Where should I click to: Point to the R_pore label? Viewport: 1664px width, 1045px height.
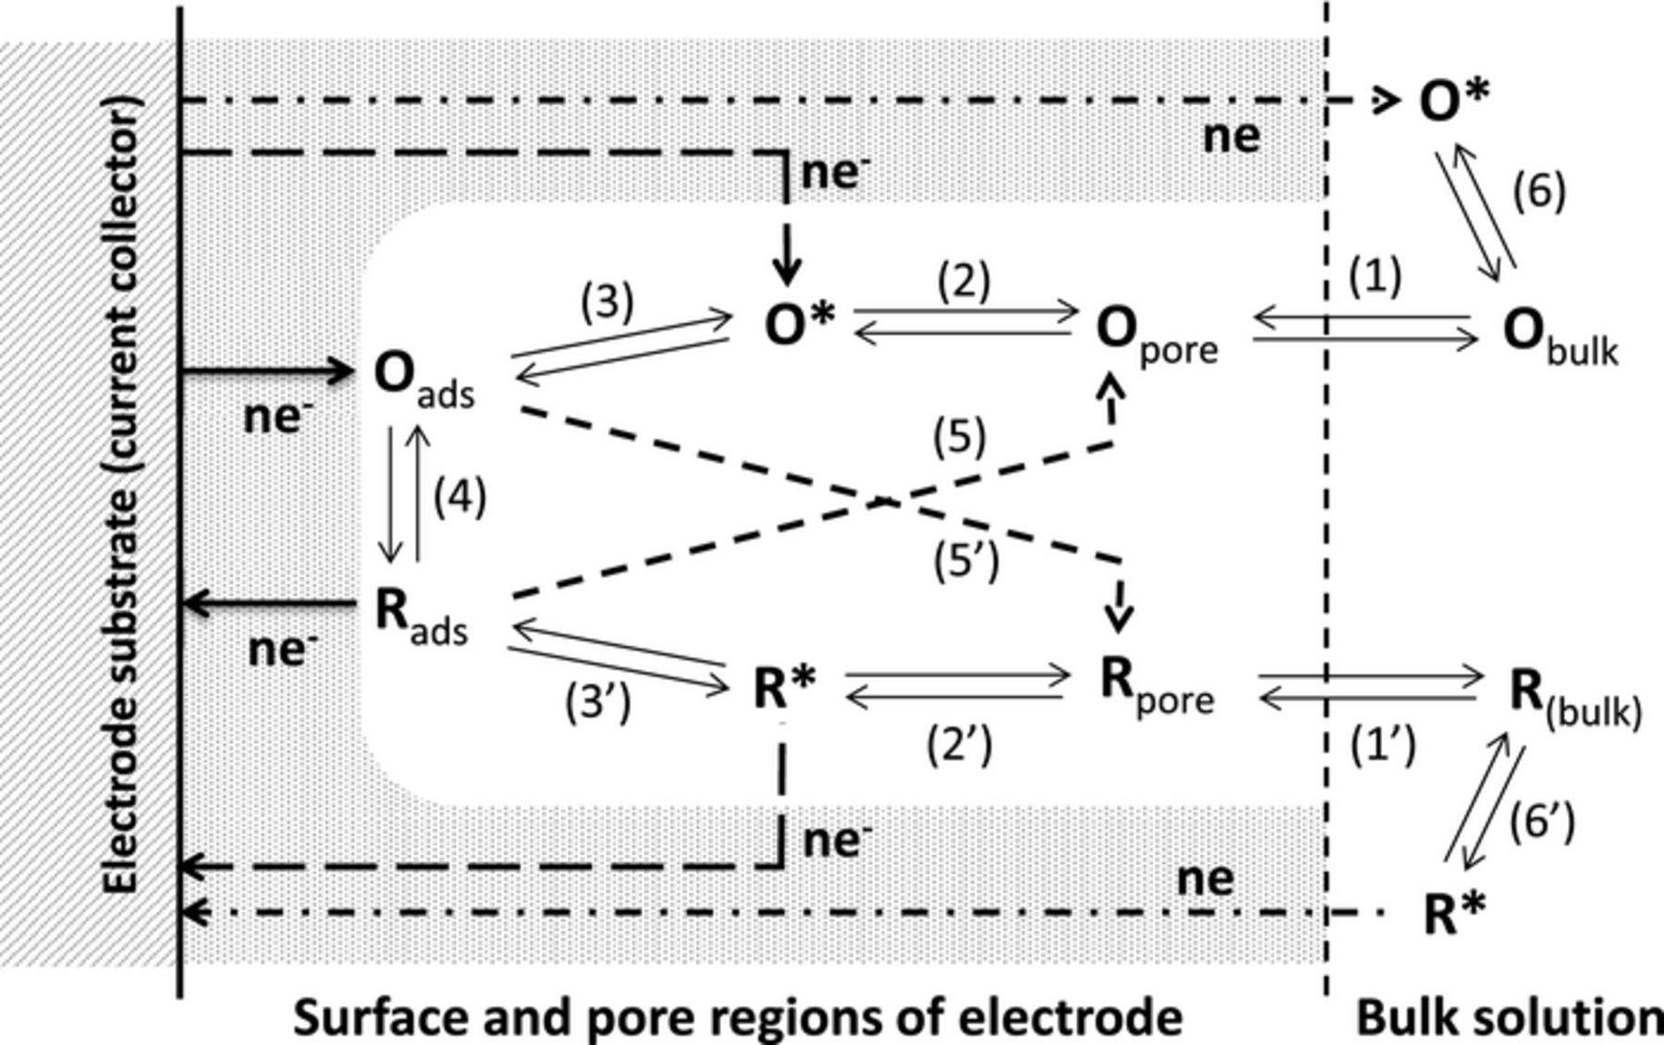click(x=1156, y=686)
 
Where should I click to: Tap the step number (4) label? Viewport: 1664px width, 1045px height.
click(x=459, y=496)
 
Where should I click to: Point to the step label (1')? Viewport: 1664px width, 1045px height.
click(x=1383, y=745)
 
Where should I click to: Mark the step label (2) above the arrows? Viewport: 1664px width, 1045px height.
click(x=963, y=280)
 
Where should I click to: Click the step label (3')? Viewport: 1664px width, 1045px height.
click(x=598, y=702)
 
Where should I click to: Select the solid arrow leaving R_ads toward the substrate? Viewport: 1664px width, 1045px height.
click(x=268, y=604)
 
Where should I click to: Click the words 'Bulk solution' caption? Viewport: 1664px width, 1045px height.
click(x=1507, y=1017)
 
